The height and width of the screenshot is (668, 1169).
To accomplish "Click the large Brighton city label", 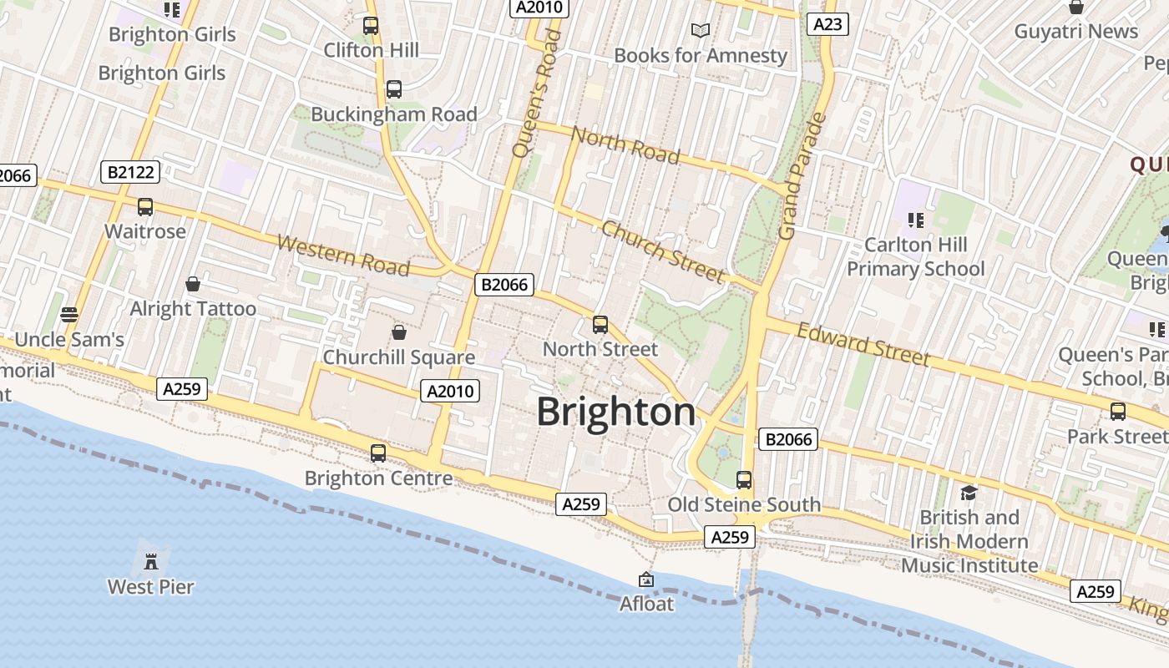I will click(x=616, y=412).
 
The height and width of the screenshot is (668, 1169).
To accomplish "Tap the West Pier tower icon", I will click(x=151, y=560).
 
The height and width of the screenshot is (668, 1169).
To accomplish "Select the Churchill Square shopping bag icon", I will click(x=399, y=332).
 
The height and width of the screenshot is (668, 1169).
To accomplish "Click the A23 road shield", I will click(x=827, y=24).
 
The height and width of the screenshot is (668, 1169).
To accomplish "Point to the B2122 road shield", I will click(x=130, y=172).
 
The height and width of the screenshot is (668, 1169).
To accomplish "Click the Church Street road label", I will click(x=662, y=251).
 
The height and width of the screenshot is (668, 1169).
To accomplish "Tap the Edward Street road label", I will click(x=863, y=344).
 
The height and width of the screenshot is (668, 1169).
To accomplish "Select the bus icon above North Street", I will click(x=600, y=325).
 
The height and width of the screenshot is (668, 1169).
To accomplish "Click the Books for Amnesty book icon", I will click(x=701, y=31).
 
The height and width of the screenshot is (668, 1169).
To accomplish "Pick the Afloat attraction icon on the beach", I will click(x=646, y=579).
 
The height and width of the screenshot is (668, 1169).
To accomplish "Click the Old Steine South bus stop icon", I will click(x=743, y=480).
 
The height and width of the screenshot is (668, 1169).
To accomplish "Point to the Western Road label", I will click(x=343, y=256).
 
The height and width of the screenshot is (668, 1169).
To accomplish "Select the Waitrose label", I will click(x=145, y=231).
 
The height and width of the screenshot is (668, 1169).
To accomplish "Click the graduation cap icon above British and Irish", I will click(x=969, y=493).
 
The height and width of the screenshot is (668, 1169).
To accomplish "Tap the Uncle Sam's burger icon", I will click(x=69, y=315).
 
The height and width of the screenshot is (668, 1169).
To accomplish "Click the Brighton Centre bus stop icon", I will click(x=378, y=453).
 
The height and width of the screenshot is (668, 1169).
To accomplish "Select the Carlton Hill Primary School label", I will click(x=916, y=256).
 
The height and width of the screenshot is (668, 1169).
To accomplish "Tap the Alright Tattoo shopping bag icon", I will click(x=193, y=284).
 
